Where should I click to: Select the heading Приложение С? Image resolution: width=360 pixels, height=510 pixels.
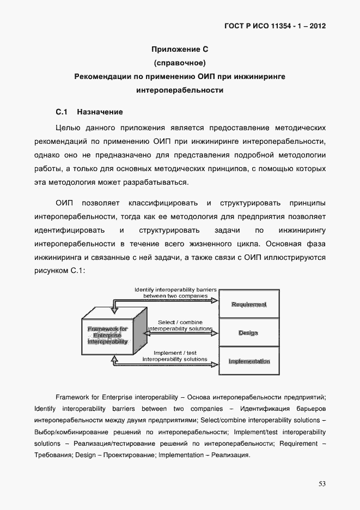click(180, 50)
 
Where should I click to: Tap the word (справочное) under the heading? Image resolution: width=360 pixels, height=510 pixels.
click(180, 63)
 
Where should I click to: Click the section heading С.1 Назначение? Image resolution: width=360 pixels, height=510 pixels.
click(89, 112)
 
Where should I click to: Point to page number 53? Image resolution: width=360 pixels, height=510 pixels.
click(322, 484)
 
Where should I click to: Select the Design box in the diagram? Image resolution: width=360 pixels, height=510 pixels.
click(248, 333)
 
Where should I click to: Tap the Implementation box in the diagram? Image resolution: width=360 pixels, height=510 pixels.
click(248, 361)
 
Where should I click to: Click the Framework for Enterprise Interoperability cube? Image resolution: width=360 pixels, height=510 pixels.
click(107, 335)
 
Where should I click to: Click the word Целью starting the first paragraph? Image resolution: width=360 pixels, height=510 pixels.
click(69, 128)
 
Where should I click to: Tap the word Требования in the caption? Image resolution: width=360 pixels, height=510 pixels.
click(54, 455)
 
